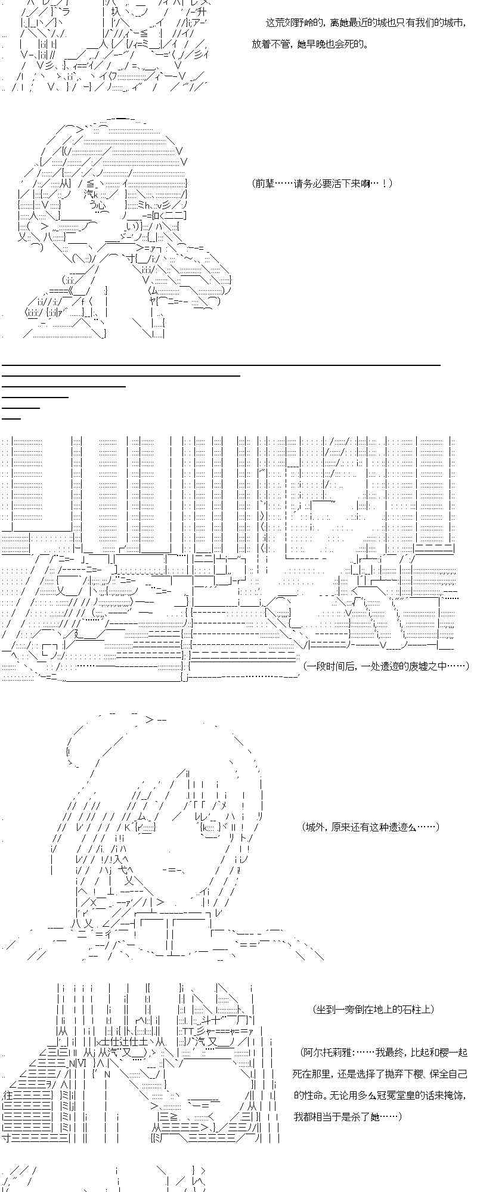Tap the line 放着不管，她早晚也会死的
(x=310, y=44)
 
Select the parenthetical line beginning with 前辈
(x=323, y=184)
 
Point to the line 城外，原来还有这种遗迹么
(x=371, y=827)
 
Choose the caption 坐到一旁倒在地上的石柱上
(x=373, y=1009)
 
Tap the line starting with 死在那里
(x=379, y=1074)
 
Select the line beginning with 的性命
(x=379, y=1095)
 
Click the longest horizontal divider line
(x=221, y=364)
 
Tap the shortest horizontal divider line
(x=11, y=418)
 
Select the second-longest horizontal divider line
(x=120, y=375)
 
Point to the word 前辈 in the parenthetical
(x=265, y=184)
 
